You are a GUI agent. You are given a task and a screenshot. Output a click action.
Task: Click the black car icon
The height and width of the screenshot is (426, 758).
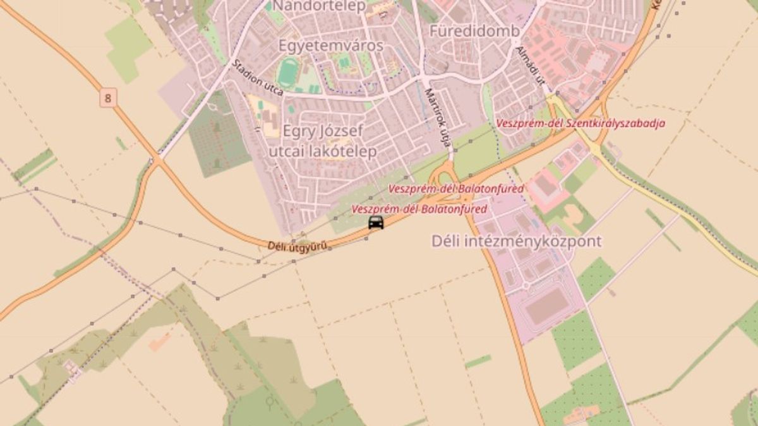376,222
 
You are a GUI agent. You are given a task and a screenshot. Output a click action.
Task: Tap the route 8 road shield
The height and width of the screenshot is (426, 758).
109,98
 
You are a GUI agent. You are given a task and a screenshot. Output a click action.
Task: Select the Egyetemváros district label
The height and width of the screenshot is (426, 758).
330,45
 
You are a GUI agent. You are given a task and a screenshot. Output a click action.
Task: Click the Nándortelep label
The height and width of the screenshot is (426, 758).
318,7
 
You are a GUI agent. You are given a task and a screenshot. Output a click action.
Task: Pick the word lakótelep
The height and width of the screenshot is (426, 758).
341,151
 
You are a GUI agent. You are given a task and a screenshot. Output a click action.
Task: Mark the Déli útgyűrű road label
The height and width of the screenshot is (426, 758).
297,246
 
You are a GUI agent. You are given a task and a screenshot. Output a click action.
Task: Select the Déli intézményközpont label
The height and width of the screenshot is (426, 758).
516,241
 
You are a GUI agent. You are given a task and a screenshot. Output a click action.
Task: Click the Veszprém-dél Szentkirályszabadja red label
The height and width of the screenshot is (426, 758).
581,124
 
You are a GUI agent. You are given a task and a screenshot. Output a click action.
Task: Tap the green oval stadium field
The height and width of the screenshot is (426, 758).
289,73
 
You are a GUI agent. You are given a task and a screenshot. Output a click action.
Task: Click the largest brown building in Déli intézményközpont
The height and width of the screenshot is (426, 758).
547,307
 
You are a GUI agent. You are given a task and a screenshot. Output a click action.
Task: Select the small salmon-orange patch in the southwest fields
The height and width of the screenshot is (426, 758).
160,341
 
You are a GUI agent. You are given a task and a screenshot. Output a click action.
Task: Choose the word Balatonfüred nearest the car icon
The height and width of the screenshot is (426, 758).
454,209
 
